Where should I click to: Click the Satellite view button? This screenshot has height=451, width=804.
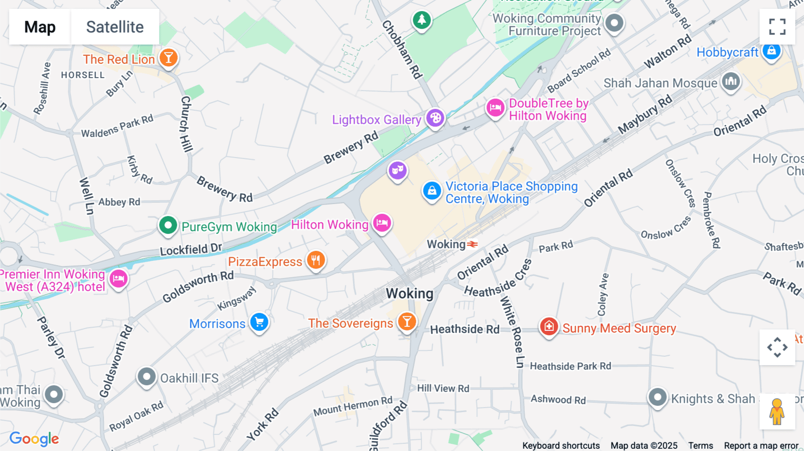pos(115,27)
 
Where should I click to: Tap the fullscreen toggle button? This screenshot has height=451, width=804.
pos(777,27)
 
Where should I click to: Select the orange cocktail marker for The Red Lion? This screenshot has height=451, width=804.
pos(168,58)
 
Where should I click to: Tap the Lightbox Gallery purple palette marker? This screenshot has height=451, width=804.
pos(435,118)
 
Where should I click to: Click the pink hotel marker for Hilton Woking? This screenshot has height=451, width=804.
pos(382,222)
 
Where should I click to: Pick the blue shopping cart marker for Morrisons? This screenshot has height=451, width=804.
pos(259,322)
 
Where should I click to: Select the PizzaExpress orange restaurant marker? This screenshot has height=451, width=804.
pos(316,260)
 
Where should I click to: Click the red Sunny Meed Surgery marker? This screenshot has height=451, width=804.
pos(549,326)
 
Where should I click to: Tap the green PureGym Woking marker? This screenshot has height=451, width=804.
pos(168,225)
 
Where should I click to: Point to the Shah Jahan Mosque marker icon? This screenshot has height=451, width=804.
pos(731,82)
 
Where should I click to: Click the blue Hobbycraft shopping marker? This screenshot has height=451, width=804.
pos(771,51)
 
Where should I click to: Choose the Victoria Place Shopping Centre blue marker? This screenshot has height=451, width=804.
pos(432,191)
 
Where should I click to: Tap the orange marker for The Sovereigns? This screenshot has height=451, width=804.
pos(407,322)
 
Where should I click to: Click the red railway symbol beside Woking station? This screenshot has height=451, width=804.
pos(473,244)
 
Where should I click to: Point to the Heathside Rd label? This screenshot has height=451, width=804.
pos(465,330)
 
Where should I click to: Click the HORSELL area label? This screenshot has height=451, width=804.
pos(83,75)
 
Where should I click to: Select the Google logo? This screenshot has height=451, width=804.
pos(34,438)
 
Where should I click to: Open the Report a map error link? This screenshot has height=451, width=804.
pos(761,446)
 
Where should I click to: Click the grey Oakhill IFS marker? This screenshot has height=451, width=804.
pos(147,377)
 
